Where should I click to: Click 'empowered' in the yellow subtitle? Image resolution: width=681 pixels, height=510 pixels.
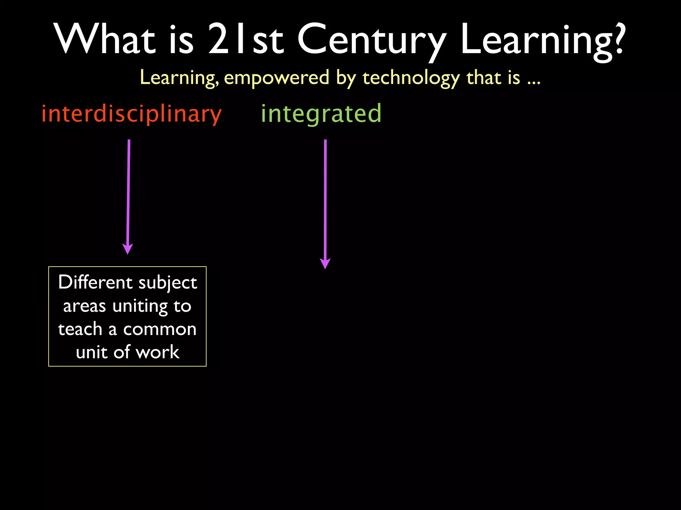click(x=277, y=78)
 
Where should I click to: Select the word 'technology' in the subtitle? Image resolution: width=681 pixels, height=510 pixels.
click(x=411, y=78)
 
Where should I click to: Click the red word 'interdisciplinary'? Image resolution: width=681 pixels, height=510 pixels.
click(x=131, y=114)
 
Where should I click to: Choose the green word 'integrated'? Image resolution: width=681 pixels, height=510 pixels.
click(x=321, y=114)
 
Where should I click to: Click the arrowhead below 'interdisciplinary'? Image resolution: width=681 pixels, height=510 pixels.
click(x=128, y=249)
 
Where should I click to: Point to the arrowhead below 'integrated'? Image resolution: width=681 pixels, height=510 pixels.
click(x=325, y=264)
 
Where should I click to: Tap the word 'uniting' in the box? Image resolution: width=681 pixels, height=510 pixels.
click(x=140, y=306)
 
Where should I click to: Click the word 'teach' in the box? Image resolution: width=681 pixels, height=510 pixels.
click(x=80, y=329)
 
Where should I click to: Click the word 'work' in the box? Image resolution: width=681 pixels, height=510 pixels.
click(x=158, y=352)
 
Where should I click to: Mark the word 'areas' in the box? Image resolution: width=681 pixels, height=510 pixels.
click(x=84, y=306)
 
